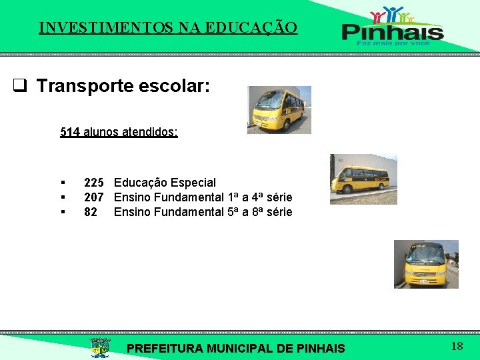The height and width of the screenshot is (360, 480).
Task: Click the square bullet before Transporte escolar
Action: [x=20, y=86]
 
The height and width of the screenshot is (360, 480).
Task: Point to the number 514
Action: [x=70, y=132]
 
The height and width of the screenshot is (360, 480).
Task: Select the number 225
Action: [x=93, y=183]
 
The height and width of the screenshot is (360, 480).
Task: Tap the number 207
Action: [x=93, y=197]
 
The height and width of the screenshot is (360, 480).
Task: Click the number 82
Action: [x=91, y=212]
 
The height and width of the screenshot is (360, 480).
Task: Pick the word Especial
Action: [x=193, y=183]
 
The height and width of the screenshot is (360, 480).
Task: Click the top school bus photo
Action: [x=279, y=110]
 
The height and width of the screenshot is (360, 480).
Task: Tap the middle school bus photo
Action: [x=363, y=179]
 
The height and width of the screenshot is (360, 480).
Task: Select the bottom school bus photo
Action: [x=425, y=264]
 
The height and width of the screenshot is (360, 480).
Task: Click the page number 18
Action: [x=457, y=346]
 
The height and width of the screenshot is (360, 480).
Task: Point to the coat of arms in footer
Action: [x=100, y=347]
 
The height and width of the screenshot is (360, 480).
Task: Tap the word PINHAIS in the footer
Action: [x=319, y=348]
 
